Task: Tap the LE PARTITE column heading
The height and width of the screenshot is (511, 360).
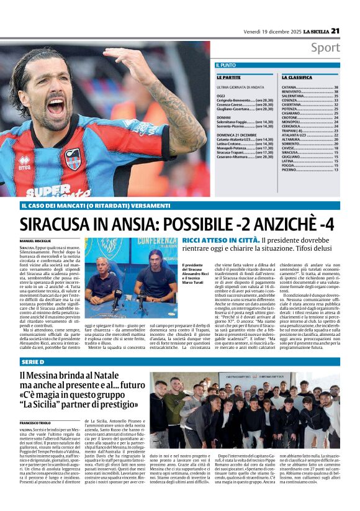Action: [x=229, y=78]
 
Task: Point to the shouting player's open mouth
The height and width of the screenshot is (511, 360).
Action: [x=56, y=106]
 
